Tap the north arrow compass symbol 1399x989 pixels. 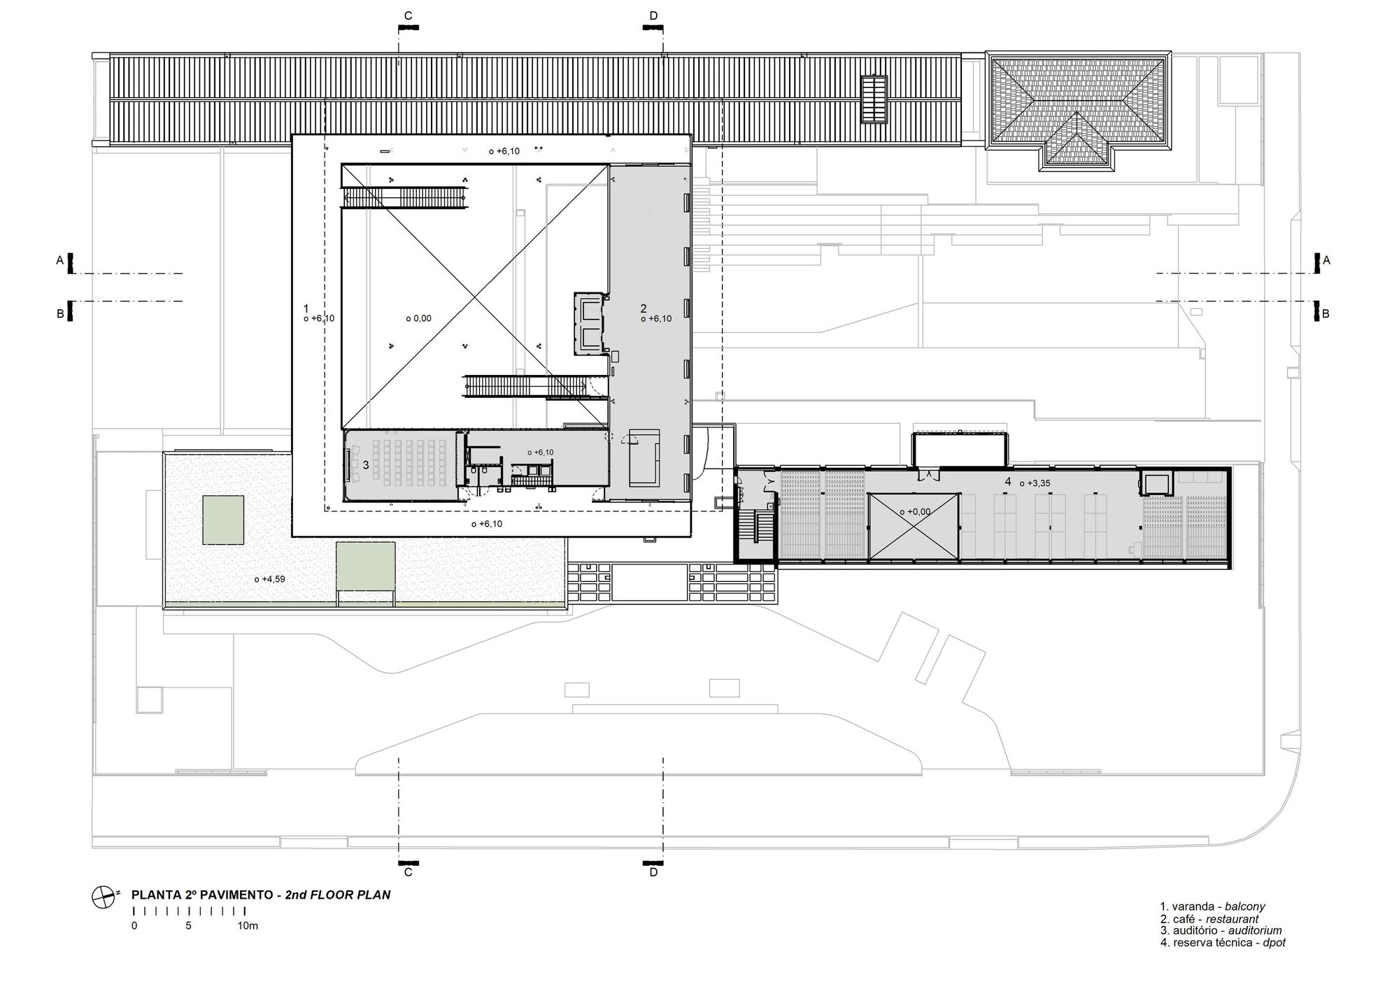coord(103,896)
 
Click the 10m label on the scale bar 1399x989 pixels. coord(248,925)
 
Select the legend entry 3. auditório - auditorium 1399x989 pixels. coord(1221,930)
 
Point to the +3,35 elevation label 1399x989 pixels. coord(1038,483)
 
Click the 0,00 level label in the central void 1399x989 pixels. coord(422,318)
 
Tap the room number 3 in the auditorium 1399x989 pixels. coord(366,465)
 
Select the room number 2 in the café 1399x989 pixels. coord(644,308)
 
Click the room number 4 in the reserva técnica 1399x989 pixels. coord(1008,481)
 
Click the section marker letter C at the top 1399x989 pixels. coord(409,15)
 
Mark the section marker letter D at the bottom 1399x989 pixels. coord(653,872)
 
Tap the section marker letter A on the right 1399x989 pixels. coord(1326,260)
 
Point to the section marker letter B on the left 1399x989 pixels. coord(60,314)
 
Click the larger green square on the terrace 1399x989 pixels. coord(223,520)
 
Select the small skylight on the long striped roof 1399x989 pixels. coord(873,99)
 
